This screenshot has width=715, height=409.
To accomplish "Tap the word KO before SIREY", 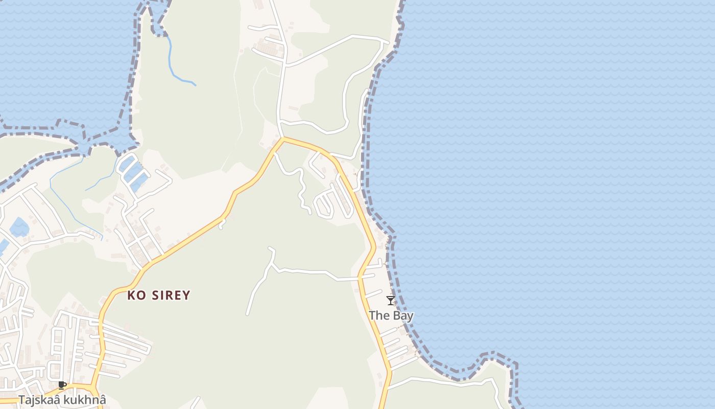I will coord(136,295).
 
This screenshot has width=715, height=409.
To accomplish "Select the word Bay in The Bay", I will coord(403,315).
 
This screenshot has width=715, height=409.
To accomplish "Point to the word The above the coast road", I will coord(379,315).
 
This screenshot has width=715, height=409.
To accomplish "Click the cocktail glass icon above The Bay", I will coord(391,301).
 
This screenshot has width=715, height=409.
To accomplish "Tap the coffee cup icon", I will coord(62,385).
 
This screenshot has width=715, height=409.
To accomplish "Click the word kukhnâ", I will coord(88,400).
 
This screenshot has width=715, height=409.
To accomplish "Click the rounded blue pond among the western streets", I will coord(19,227).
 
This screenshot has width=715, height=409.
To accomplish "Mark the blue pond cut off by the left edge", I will coord(3,246).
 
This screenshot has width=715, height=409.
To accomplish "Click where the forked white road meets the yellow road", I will coord(360,278).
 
